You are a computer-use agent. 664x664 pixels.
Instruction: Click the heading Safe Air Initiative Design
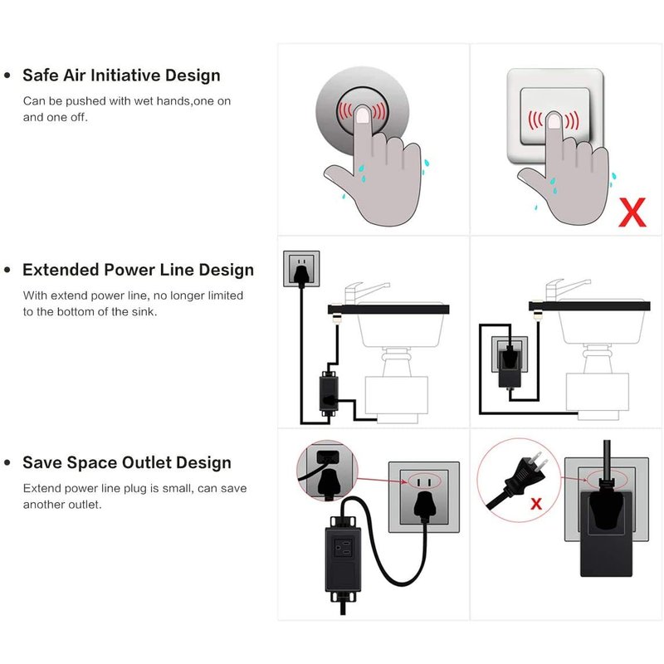121,76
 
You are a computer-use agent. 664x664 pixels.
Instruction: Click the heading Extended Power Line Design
138,270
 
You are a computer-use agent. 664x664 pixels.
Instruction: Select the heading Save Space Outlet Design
127,462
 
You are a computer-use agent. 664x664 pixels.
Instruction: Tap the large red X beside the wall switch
632,212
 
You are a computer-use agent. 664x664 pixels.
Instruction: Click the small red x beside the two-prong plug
536,504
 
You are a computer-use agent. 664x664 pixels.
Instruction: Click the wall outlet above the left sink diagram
301,268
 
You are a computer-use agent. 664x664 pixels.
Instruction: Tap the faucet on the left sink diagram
364,293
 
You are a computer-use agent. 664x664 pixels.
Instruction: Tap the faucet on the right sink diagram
564,290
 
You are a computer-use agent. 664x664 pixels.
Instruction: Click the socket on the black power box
343,548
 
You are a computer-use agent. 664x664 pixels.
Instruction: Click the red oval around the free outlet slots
424,481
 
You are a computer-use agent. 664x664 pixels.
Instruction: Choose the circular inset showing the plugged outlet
327,471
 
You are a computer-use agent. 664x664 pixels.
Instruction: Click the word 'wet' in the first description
144,101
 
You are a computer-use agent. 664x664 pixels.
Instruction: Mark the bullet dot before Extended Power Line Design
7,270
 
